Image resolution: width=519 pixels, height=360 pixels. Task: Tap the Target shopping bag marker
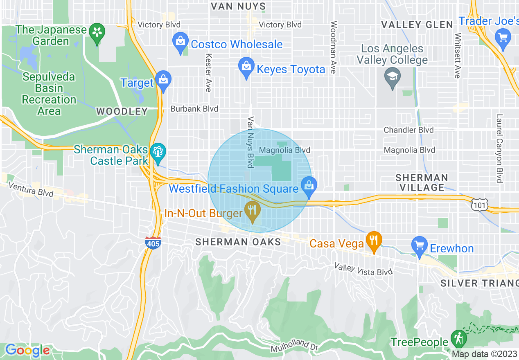pyautogui.click(x=163, y=81)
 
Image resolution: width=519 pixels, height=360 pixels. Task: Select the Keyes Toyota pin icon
pyautogui.click(x=246, y=67)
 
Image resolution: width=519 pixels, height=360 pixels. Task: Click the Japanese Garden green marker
pyautogui.click(x=97, y=32)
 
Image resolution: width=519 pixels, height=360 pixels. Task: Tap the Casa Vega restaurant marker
pyautogui.click(x=374, y=241)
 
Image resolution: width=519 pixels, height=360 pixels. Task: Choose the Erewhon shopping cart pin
pyautogui.click(x=420, y=246)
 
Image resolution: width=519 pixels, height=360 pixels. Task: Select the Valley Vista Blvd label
pyautogui.click(x=363, y=269)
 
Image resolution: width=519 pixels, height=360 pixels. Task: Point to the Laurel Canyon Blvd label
pyautogui.click(x=499, y=148)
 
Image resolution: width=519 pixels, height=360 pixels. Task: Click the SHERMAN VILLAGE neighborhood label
pyautogui.click(x=422, y=182)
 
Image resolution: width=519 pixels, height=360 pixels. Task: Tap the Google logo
pyautogui.click(x=27, y=350)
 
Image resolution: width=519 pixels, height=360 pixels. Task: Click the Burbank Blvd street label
pyautogui.click(x=194, y=109)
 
